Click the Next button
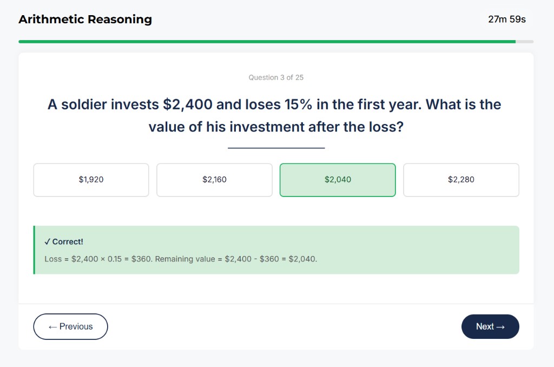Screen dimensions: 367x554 (x=490, y=326)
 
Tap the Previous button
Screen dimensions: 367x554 (x=70, y=326)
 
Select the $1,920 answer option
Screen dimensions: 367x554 (x=91, y=180)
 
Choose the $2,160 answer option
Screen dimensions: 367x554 (x=214, y=180)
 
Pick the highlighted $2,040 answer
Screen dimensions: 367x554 (x=338, y=180)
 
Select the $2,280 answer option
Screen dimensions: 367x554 (x=461, y=180)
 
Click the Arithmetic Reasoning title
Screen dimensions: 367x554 (x=85, y=19)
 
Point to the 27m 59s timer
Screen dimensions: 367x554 (x=506, y=19)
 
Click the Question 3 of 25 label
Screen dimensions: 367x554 (x=276, y=77)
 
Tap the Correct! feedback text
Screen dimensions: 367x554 (x=68, y=241)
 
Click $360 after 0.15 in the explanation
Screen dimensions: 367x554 (x=141, y=259)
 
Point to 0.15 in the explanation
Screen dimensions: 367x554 (x=115, y=259)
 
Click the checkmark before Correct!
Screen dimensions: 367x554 (x=48, y=241)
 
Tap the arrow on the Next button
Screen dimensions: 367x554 (x=500, y=326)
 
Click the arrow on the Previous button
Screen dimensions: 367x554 (x=52, y=326)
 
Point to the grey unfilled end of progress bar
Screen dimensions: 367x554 (x=524, y=41)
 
